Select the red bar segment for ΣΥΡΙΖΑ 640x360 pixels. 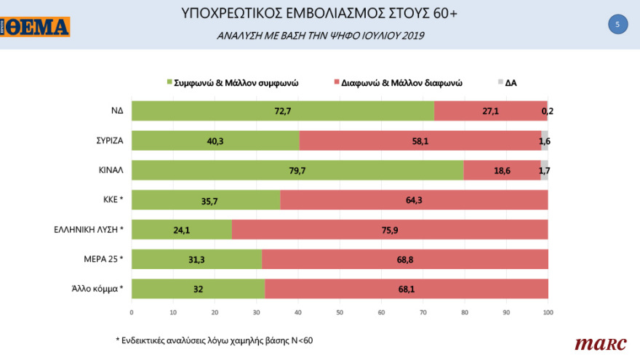coord(420,140)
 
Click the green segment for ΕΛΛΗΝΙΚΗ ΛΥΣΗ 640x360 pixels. coord(182,230)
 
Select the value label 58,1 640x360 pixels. coord(420,140)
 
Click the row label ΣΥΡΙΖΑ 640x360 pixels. coord(107,140)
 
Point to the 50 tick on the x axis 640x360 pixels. coord(340,313)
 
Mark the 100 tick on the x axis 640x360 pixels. coord(548,313)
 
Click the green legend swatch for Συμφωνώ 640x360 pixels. coord(169,83)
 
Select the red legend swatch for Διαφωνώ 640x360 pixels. coord(335,83)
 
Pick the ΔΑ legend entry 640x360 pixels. coord(507,83)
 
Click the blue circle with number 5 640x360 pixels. coord(617,25)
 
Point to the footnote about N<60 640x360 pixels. coord(214,340)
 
